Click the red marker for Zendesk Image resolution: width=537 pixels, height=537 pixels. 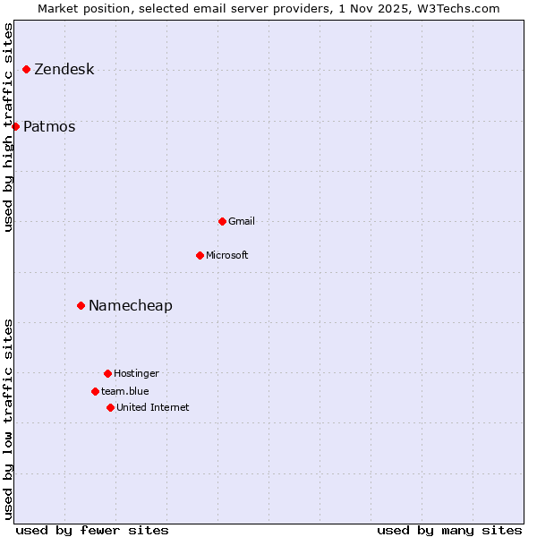[26, 69]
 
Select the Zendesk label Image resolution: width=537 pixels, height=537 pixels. [64, 70]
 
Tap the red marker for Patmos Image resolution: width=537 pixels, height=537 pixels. [15, 126]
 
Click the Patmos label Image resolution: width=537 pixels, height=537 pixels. [49, 127]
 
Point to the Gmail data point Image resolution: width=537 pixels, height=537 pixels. [222, 221]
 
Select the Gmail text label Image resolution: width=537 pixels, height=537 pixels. [242, 222]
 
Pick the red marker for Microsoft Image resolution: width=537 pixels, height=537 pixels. [200, 255]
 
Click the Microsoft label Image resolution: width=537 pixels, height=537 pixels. [227, 256]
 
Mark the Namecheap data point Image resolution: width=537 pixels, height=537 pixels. [81, 305]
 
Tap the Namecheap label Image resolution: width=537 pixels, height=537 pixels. [131, 306]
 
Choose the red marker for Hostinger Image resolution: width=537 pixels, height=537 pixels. [107, 373]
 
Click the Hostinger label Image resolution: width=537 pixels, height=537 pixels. [136, 374]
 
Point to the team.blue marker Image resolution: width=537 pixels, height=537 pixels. [95, 391]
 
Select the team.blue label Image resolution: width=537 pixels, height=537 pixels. [125, 392]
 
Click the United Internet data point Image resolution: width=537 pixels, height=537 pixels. [110, 407]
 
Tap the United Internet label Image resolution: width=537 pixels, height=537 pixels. [153, 408]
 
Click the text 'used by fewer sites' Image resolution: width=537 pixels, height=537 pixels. [92, 530]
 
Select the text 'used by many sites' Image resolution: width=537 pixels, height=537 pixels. [449, 530]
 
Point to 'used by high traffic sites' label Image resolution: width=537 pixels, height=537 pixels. [9, 127]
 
